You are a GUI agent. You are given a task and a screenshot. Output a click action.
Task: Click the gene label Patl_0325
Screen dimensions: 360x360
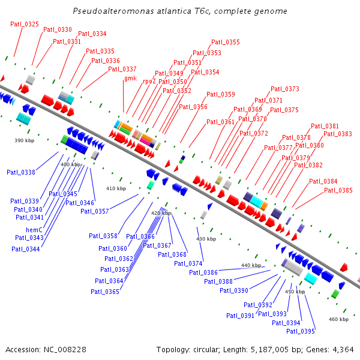pyautogui.click(x=25, y=24)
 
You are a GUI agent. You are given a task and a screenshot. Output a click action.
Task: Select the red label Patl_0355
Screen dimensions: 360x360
pyautogui.click(x=225, y=42)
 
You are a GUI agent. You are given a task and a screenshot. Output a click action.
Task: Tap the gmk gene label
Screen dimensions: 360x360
pyautogui.click(x=130, y=78)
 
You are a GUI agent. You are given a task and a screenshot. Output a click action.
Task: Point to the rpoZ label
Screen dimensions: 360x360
pyautogui.click(x=149, y=81)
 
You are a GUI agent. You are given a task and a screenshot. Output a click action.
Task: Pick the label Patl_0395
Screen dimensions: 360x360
pyautogui.click(x=300, y=331)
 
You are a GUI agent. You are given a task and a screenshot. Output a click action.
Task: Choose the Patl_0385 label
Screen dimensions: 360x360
pyautogui.click(x=338, y=190)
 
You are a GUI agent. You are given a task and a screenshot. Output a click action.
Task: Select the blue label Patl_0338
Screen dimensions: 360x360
pyautogui.click(x=21, y=172)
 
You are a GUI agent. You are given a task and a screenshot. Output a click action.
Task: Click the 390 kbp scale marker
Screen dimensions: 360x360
pyautogui.click(x=24, y=140)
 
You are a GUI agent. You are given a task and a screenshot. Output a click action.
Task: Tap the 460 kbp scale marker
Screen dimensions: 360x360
pyautogui.click(x=338, y=319)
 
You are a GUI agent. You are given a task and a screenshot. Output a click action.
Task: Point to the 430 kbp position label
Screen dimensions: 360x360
pyautogui.click(x=206, y=239)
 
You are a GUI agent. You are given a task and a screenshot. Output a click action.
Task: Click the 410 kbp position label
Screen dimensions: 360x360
pyautogui.click(x=116, y=188)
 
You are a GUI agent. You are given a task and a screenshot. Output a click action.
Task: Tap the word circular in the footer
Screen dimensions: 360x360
pyautogui.click(x=209, y=349)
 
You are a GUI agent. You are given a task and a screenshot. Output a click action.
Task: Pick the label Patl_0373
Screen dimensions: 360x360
pyautogui.click(x=284, y=89)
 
